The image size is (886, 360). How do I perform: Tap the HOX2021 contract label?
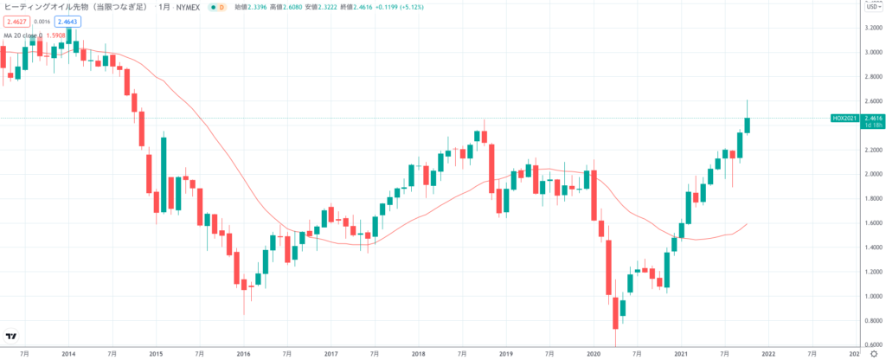click(844, 118)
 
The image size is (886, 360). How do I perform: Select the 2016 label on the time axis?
click(243, 353)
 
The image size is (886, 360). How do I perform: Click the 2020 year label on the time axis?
click(594, 353)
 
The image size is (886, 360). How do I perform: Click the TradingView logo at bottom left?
click(12, 336)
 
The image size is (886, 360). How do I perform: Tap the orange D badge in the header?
click(221, 7)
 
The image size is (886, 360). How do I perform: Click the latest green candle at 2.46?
click(747, 124)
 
